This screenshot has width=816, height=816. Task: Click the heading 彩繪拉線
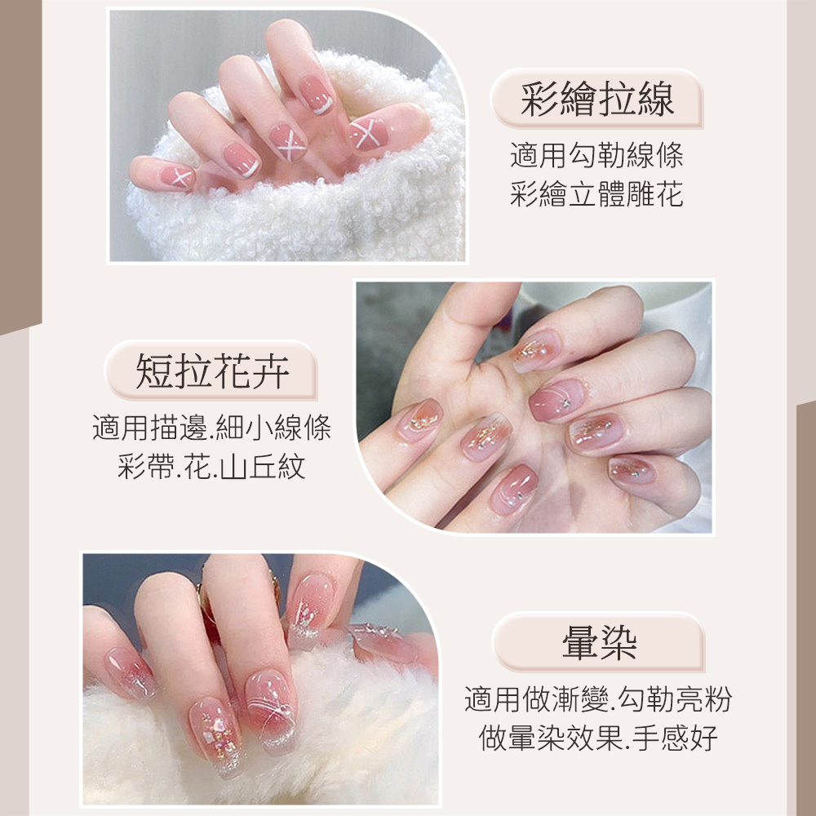tap(597, 99)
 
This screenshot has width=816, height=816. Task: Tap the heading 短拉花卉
tap(212, 371)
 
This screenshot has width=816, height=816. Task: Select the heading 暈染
tap(599, 643)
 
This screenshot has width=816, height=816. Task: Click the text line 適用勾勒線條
tap(596, 155)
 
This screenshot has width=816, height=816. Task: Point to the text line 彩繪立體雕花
tap(596, 194)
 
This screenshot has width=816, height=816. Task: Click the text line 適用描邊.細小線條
tap(212, 428)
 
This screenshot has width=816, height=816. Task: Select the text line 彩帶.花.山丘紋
tap(212, 466)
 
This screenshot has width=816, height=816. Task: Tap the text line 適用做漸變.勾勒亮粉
tap(598, 699)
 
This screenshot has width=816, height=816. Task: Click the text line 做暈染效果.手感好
tap(598, 738)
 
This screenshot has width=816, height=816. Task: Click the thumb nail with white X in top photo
tap(368, 133)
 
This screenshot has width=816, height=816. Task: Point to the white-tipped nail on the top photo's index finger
tap(316, 95)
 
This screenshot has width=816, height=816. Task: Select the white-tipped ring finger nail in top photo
tap(242, 160)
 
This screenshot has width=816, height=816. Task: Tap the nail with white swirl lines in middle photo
tap(557, 399)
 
